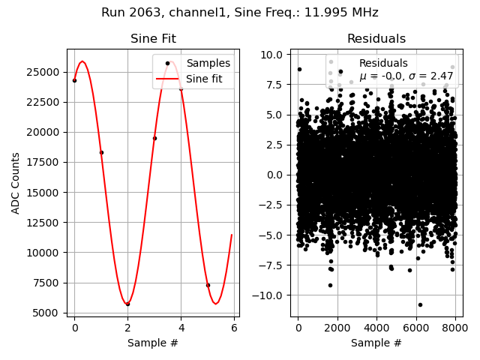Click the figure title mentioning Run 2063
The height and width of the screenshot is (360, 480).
tap(240, 13)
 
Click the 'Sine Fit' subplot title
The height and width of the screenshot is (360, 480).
tap(153, 39)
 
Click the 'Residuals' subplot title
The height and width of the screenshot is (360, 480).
tap(376, 39)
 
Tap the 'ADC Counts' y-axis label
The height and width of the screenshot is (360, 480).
tap(16, 183)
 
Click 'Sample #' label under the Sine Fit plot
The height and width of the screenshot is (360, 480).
tap(153, 343)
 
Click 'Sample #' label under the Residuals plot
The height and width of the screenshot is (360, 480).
tap(376, 343)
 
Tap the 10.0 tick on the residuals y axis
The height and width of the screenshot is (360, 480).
tap(270, 55)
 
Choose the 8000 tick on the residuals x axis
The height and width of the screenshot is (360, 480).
tap(455, 328)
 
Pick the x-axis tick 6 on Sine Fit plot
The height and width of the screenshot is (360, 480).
tap(234, 328)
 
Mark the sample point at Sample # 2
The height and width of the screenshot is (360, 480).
tap(127, 304)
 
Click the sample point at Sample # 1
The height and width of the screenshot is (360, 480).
tap(101, 152)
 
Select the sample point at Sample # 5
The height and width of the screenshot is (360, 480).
tap(208, 285)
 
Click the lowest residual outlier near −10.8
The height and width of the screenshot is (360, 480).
tap(420, 304)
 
